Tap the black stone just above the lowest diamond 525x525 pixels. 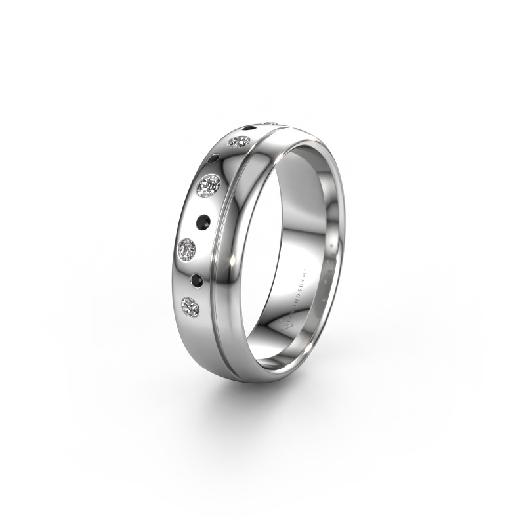pos(195,279)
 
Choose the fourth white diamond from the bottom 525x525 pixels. pos(239,141)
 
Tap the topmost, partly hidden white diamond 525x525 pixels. pos(270,123)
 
